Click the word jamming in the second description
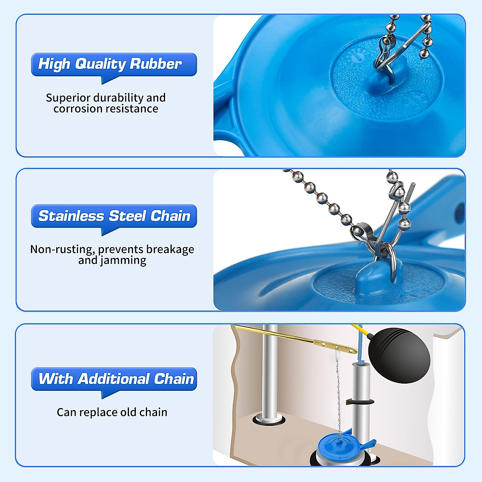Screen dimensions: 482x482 click(123, 260)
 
